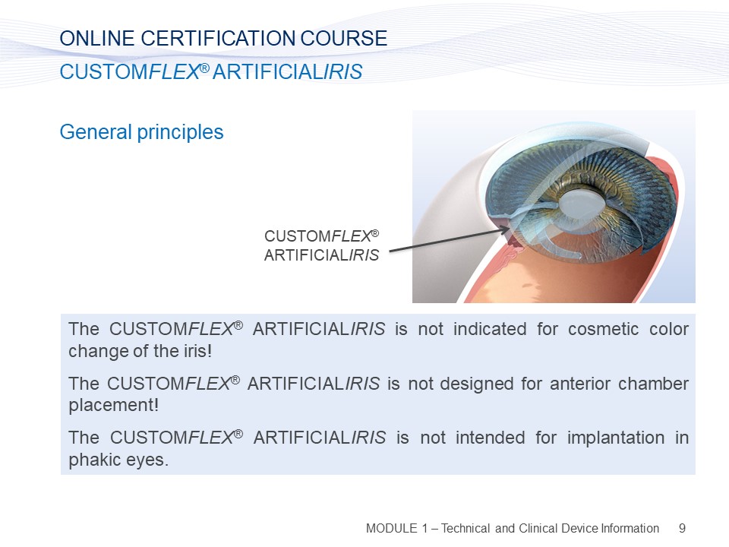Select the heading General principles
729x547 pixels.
(x=141, y=132)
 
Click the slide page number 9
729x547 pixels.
(x=682, y=529)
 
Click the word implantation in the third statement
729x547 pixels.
(x=616, y=438)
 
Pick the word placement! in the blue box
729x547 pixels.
(x=113, y=406)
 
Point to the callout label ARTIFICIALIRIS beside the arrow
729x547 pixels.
(x=322, y=255)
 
